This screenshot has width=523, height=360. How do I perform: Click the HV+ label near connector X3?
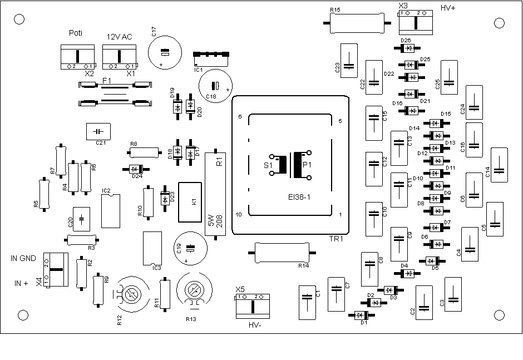448,8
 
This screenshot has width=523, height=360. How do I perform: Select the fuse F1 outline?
115,95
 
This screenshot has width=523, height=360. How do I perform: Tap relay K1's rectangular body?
190,202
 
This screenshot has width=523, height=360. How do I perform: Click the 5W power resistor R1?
215,194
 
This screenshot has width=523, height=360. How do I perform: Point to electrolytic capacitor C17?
165,53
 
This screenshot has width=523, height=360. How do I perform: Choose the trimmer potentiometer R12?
132,294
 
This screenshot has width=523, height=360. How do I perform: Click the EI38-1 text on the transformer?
299,197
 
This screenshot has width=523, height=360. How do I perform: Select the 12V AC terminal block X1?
119,57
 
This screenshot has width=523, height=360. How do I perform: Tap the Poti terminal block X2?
78,57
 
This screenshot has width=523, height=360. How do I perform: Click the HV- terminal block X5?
253,306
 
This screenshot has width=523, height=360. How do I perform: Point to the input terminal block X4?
56,270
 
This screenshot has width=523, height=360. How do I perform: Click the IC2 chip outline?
111,211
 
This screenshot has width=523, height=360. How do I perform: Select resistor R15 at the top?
357,23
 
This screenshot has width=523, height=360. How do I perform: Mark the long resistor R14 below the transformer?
282,253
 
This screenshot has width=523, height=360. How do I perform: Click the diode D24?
136,170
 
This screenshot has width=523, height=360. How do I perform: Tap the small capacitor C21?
98,131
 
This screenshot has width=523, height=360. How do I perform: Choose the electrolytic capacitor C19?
190,249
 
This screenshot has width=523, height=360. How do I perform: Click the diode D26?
407,48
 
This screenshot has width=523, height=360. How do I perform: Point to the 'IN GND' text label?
23,258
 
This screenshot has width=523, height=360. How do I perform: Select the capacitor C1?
307,302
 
